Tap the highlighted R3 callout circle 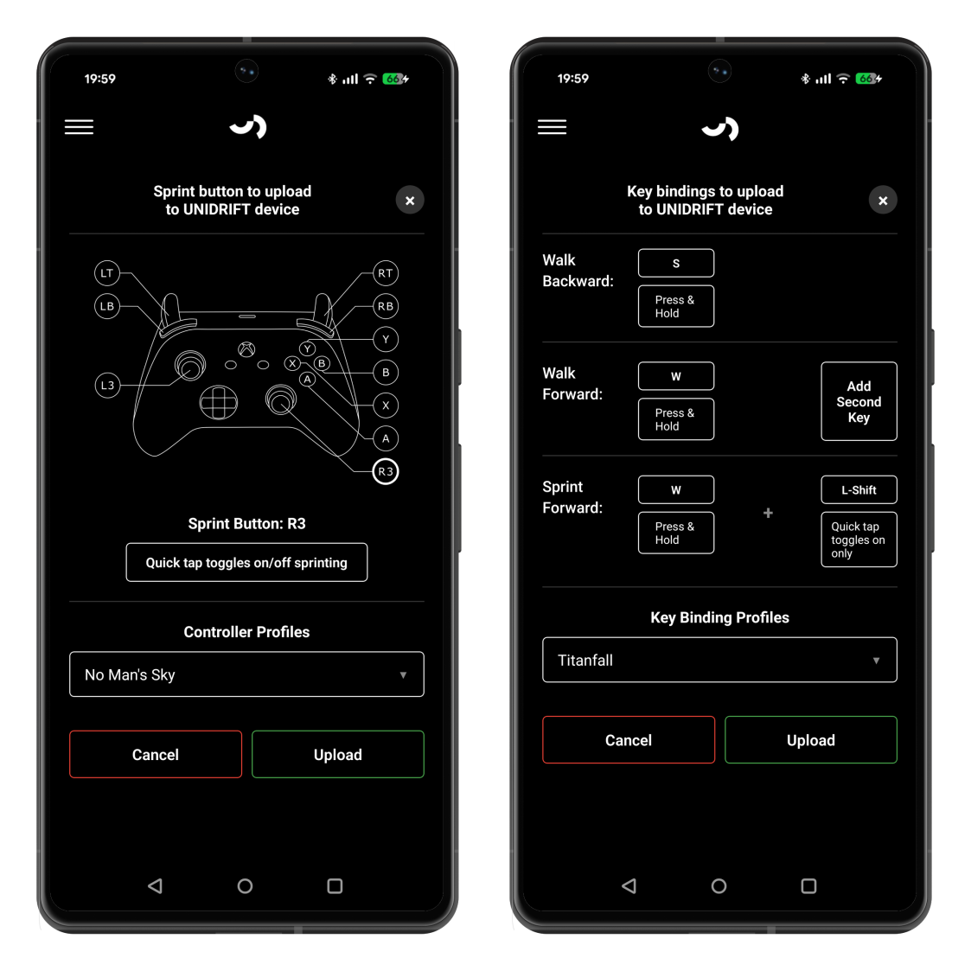[x=385, y=472]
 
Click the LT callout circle [x=107, y=273]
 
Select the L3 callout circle [x=107, y=385]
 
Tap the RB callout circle [x=385, y=307]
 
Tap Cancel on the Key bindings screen [x=629, y=740]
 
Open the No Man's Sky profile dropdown [x=246, y=674]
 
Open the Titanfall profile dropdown [x=719, y=660]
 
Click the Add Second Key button [x=859, y=401]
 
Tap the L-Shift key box [x=859, y=490]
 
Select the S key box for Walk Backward [x=676, y=263]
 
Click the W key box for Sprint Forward [x=676, y=490]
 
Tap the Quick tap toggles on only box [x=859, y=540]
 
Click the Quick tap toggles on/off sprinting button [x=246, y=562]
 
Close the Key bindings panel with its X [x=883, y=200]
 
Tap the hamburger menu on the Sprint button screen [x=80, y=127]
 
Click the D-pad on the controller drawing [x=219, y=403]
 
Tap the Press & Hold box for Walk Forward [x=676, y=419]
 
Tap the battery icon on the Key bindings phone [x=868, y=79]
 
